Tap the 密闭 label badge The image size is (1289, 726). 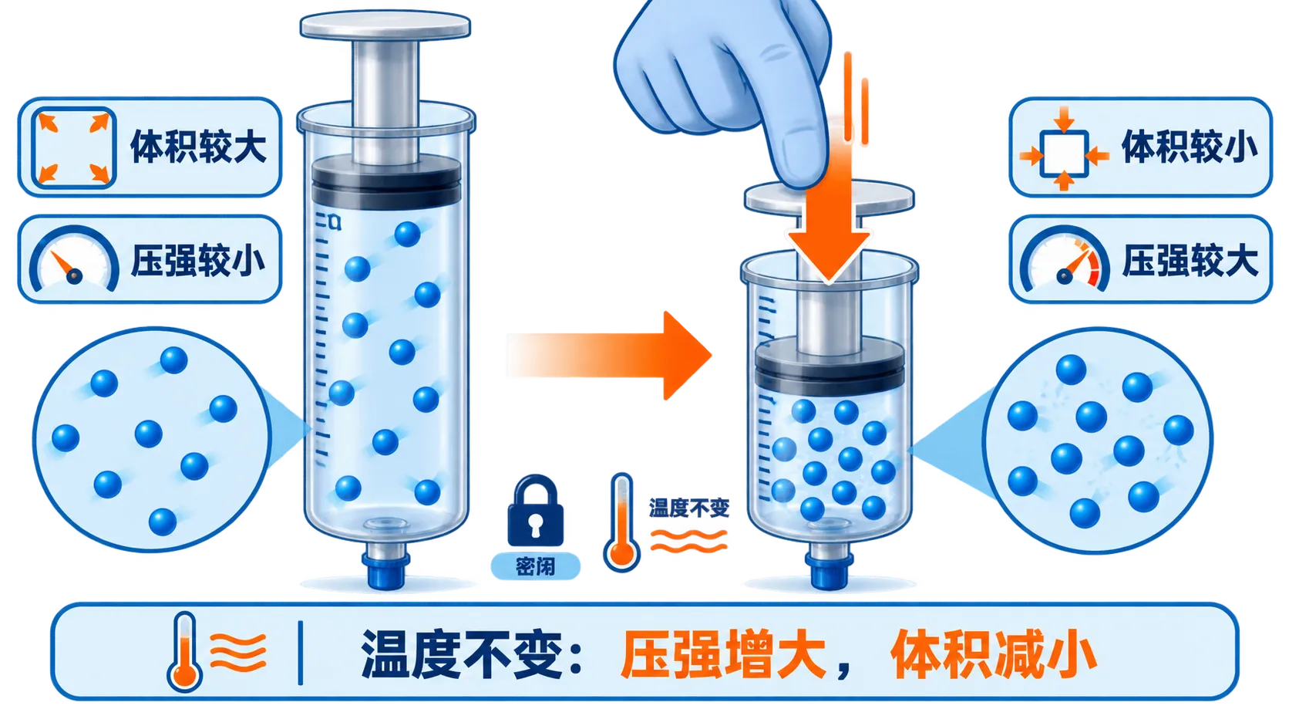click(535, 566)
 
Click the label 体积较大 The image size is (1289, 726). click(199, 147)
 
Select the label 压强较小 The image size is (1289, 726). click(199, 260)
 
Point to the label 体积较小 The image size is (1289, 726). click(1190, 147)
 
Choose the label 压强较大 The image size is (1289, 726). click(1190, 260)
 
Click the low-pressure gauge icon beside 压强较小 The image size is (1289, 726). click(74, 259)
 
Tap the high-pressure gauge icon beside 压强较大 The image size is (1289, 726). click(1065, 259)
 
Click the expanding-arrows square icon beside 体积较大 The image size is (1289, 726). click(74, 148)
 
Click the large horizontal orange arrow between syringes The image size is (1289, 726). click(610, 355)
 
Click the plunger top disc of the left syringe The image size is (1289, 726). click(385, 26)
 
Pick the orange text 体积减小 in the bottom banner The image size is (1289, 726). click(993, 655)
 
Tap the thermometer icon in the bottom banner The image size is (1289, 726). click(184, 651)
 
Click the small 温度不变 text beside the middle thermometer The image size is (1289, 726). click(688, 508)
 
